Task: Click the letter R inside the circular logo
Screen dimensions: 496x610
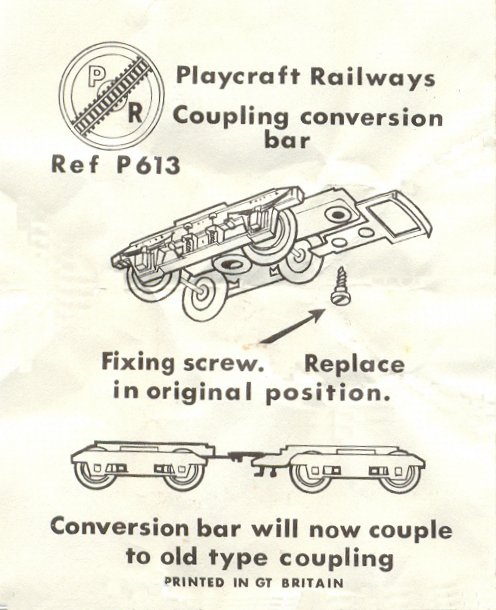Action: pos(134,114)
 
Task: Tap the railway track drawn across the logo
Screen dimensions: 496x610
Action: pos(112,94)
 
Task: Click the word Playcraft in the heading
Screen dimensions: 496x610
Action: pos(238,75)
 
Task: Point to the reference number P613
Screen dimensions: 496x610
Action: pos(148,165)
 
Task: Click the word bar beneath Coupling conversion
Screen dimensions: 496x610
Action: pos(287,139)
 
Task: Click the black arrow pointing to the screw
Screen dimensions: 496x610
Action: pos(292,326)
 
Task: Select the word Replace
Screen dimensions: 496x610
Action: pos(354,365)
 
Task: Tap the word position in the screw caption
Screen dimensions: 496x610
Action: pos(328,393)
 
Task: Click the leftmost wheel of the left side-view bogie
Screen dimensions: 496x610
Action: pos(93,471)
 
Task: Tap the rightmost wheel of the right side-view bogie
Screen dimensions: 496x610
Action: pos(399,474)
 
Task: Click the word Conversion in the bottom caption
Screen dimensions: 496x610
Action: pos(119,527)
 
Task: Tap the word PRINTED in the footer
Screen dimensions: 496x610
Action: pos(194,582)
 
